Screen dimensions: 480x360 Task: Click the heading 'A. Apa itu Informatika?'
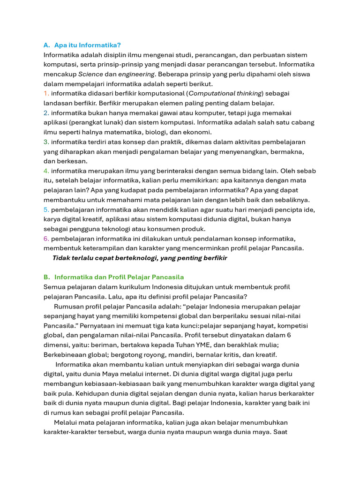point(82,45)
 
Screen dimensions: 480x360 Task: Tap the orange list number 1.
point(46,93)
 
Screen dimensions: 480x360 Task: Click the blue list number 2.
point(46,113)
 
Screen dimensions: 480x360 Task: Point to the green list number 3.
point(46,142)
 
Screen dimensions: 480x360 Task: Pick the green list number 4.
point(46,171)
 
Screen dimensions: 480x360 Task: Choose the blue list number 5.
point(46,209)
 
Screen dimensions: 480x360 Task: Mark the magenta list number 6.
point(46,239)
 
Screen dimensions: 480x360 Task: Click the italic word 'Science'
point(90,74)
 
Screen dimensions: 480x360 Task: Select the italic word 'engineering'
point(136,74)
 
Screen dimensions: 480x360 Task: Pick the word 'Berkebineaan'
point(65,354)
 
